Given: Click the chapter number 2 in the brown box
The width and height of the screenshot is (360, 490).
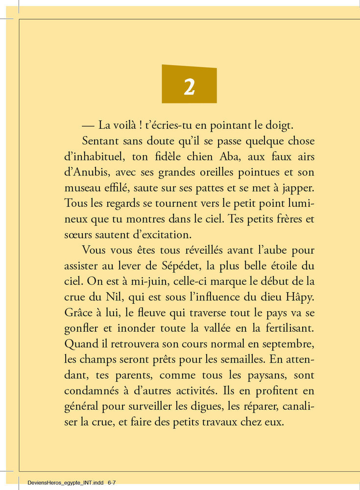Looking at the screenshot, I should point(189,87).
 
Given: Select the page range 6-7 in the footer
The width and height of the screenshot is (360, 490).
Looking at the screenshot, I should point(112,483).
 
